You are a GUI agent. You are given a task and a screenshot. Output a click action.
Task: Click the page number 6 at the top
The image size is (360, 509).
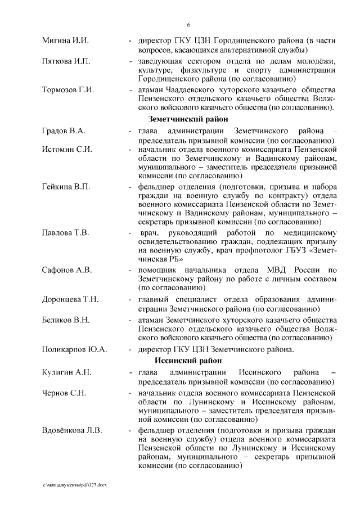pos(188,25)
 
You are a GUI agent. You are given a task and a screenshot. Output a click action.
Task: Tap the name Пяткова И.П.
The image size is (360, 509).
pos(66,61)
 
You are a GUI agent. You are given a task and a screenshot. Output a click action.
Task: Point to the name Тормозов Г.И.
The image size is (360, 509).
pos(68,90)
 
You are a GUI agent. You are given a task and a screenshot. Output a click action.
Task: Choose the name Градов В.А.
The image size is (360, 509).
pos(64,131)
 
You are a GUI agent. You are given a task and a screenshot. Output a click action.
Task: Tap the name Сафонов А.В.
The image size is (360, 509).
pos(66,270)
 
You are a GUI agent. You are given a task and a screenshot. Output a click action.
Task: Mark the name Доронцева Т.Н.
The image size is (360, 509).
pos(70,299)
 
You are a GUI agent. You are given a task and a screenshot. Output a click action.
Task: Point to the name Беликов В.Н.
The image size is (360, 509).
pos(66,320)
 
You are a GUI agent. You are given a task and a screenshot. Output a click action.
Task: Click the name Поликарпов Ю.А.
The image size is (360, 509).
pos(74,349)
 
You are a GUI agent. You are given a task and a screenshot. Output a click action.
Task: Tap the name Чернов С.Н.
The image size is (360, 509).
pos(64,391)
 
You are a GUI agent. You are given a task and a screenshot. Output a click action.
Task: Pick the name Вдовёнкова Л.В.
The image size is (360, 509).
pos(72,431)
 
